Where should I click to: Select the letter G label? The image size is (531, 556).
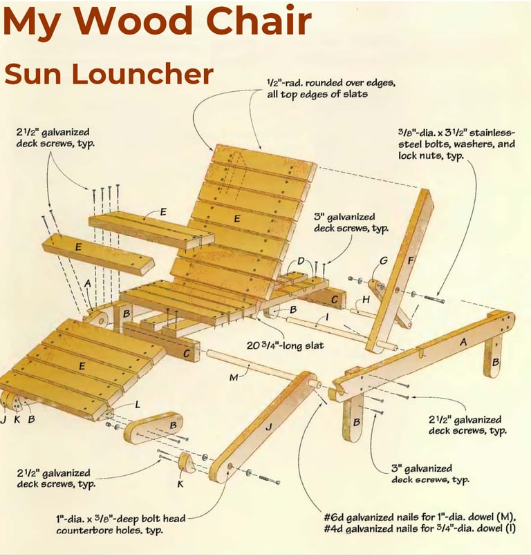pyautogui.click(x=384, y=260)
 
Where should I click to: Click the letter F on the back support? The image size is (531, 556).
pyautogui.click(x=411, y=261)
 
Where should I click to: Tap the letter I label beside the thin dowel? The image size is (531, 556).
pyautogui.click(x=326, y=317)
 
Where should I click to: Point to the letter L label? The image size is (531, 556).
pyautogui.click(x=138, y=404)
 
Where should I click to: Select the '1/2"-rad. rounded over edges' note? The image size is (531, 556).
pyautogui.click(x=331, y=83)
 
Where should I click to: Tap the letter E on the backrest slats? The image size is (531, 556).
pyautogui.click(x=237, y=218)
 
